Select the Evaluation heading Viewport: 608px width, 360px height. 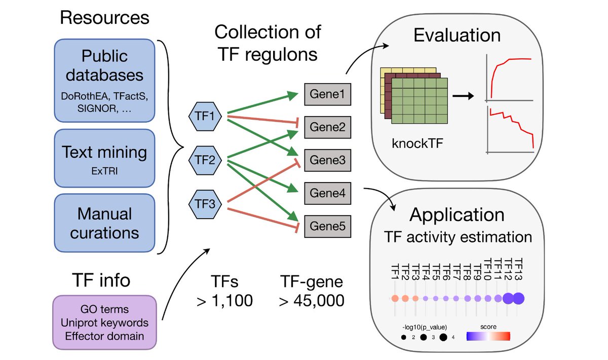pos(457,36)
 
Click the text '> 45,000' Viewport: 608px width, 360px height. pos(312,300)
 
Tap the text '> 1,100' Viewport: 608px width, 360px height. pos(224,300)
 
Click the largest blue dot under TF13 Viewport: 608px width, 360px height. pos(519,299)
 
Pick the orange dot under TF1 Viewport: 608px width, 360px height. pos(394,299)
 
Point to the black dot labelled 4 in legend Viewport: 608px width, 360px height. pos(443,337)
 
